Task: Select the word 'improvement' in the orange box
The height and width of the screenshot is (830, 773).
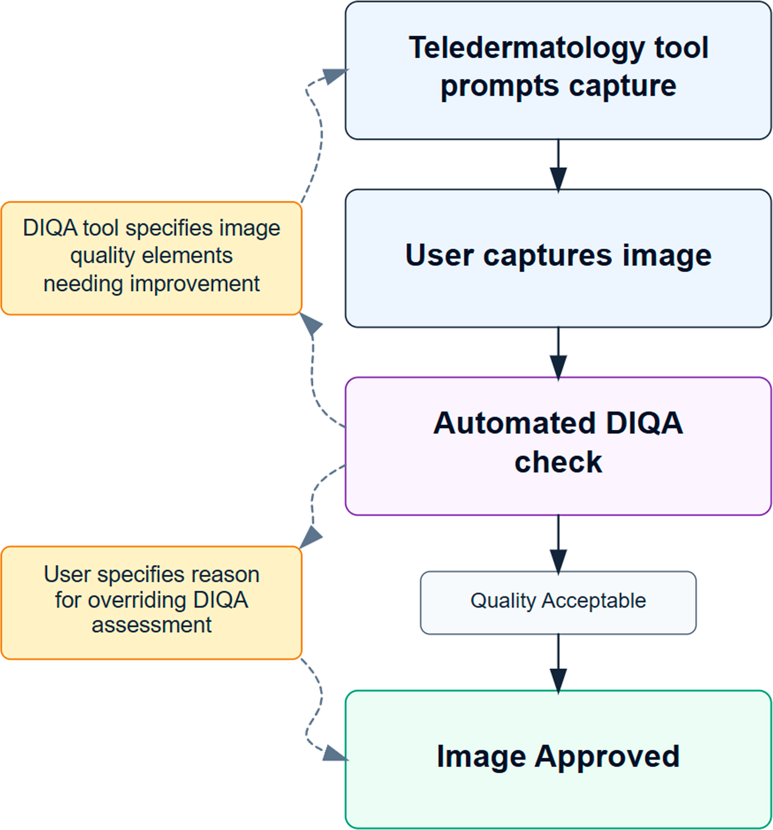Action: click(194, 284)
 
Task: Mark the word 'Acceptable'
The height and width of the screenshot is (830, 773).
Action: click(593, 601)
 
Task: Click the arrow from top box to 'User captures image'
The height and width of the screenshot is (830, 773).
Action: click(558, 167)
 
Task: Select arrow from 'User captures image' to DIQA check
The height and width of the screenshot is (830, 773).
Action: click(558, 355)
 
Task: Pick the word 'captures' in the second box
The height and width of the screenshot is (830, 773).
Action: click(547, 255)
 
